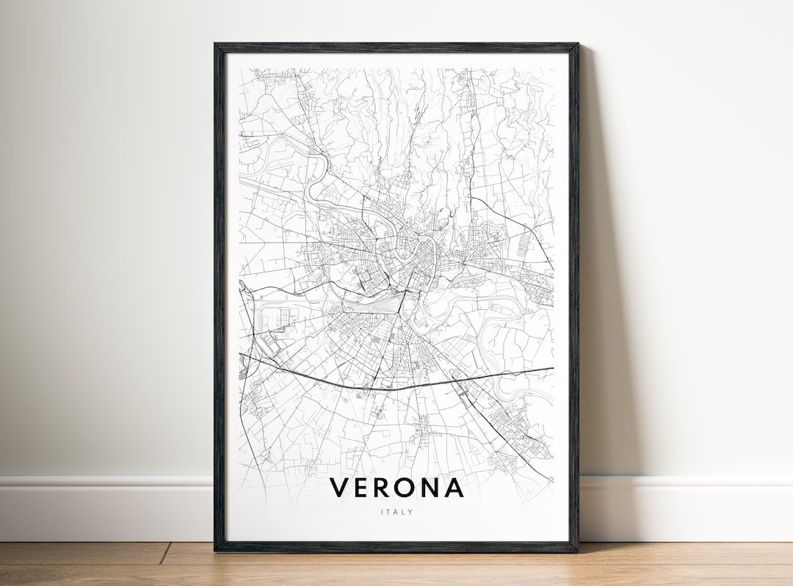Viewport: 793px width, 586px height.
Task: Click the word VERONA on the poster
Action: pos(396,488)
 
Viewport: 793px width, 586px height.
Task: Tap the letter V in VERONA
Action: pos(339,488)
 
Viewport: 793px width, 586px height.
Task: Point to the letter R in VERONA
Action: pos(383,488)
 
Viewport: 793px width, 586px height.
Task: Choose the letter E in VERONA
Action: pos(362,488)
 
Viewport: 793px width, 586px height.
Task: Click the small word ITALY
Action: pos(396,512)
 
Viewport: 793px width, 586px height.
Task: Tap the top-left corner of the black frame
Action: pos(216,45)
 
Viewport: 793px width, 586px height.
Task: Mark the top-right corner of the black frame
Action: pos(577,45)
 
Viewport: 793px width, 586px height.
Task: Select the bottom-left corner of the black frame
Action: pos(216,551)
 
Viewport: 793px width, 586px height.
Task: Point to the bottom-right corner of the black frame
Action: pos(577,551)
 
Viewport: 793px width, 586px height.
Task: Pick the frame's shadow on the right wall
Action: pos(598,294)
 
